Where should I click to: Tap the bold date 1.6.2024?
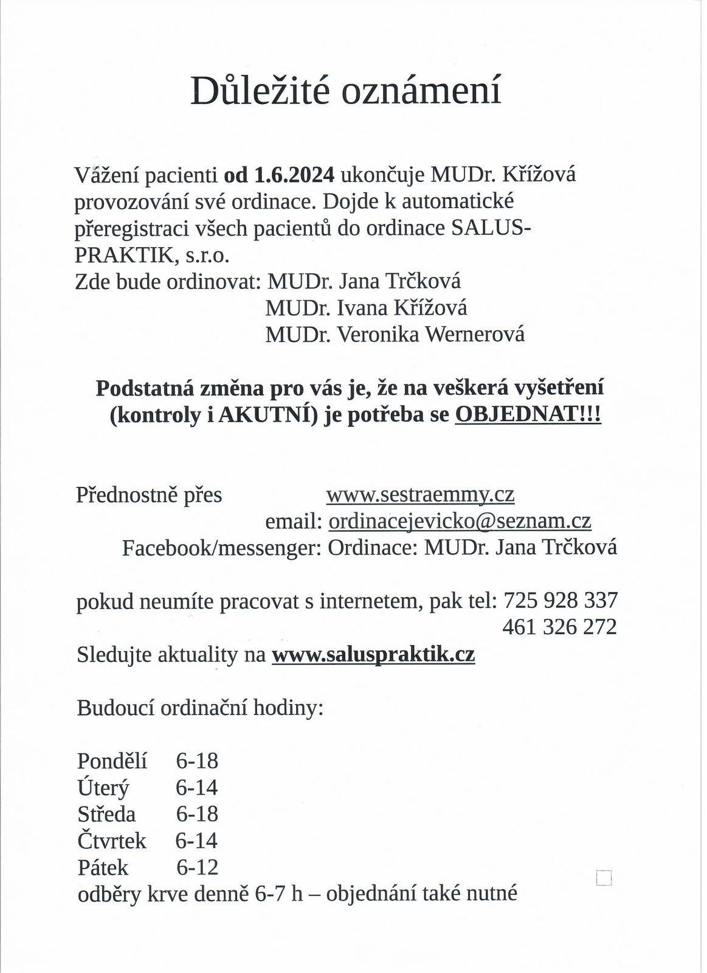294,175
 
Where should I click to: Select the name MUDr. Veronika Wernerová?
395,334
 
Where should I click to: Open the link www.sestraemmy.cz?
420,494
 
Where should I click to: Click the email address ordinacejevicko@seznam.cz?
460,521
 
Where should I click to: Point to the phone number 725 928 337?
560,601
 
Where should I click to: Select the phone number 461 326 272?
559,627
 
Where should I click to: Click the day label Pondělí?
112,761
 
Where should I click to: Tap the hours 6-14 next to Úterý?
196,787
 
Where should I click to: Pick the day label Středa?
106,814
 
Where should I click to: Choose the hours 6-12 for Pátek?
197,867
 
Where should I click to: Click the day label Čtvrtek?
112,841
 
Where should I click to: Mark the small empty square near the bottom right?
604,877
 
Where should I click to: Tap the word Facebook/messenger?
221,548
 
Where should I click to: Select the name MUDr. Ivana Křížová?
366,308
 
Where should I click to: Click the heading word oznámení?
421,91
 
